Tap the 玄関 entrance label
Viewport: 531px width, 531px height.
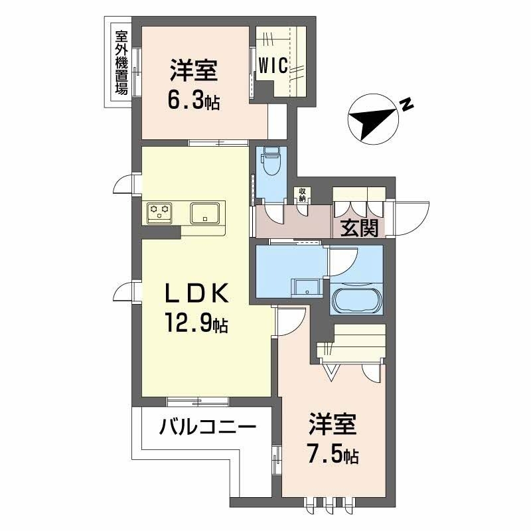click(x=360, y=228)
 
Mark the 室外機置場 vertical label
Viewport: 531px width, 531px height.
click(x=121, y=62)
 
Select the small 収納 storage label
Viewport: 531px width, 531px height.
click(x=303, y=194)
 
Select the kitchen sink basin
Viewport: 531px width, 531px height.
click(x=206, y=213)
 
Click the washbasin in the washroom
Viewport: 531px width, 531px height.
click(x=307, y=287)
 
